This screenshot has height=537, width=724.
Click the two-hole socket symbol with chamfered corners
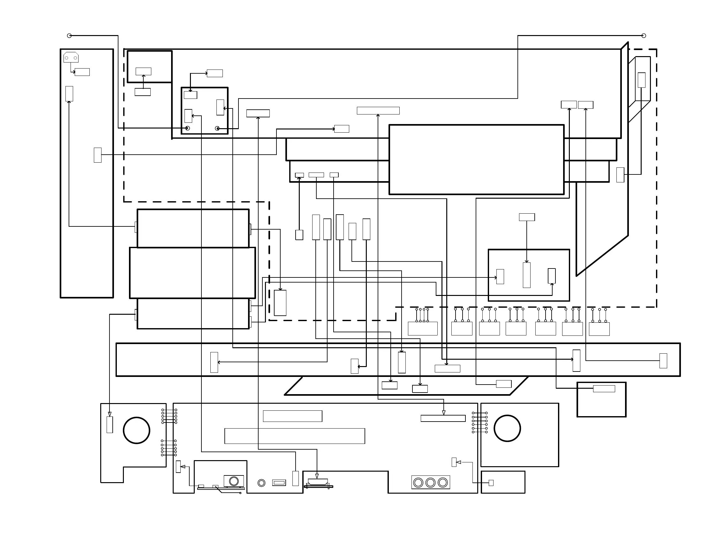click(x=71, y=57)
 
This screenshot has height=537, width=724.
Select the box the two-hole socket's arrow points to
click(x=82, y=72)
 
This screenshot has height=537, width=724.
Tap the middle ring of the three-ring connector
click(x=430, y=483)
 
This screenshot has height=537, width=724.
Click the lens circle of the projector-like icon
click(x=234, y=481)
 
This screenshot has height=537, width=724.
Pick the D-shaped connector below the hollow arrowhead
click(x=318, y=482)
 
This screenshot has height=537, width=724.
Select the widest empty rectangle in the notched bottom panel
click(x=294, y=436)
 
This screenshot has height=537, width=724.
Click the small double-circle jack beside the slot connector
click(x=261, y=483)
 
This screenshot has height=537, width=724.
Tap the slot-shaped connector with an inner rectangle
click(x=279, y=483)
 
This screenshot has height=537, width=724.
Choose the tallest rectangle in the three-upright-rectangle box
click(x=526, y=275)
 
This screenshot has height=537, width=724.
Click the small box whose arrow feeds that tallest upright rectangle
click(x=527, y=217)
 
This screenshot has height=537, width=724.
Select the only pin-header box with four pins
click(x=423, y=328)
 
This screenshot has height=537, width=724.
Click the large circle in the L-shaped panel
click(x=136, y=430)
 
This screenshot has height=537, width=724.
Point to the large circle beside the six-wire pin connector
click(x=507, y=429)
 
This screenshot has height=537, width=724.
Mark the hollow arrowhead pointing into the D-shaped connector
click(x=317, y=476)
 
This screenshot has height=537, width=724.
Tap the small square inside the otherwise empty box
click(x=491, y=483)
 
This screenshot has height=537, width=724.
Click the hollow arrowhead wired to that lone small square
click(x=459, y=462)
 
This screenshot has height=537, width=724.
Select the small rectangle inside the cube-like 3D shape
click(x=641, y=80)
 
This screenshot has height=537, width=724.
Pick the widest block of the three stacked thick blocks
click(x=192, y=273)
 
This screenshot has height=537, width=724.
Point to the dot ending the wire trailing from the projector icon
click(x=240, y=493)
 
